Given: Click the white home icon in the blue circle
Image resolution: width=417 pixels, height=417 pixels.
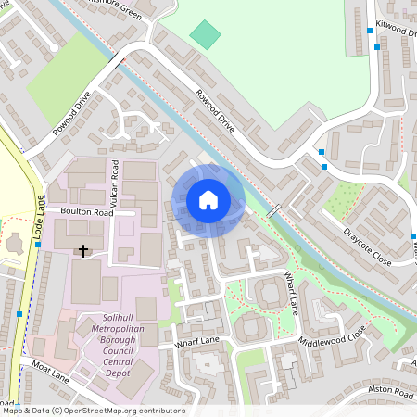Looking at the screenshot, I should (x=208, y=199).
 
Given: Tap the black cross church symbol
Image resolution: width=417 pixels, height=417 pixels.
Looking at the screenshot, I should (x=83, y=250).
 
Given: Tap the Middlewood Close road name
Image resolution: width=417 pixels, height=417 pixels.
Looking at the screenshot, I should (x=332, y=336).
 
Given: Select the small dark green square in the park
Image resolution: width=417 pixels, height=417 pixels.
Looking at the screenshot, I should (x=206, y=35).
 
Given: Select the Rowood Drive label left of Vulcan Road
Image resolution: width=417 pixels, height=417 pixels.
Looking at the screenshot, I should (x=71, y=114).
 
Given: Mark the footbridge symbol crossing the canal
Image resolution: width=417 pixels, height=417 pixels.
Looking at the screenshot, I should (x=273, y=211).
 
